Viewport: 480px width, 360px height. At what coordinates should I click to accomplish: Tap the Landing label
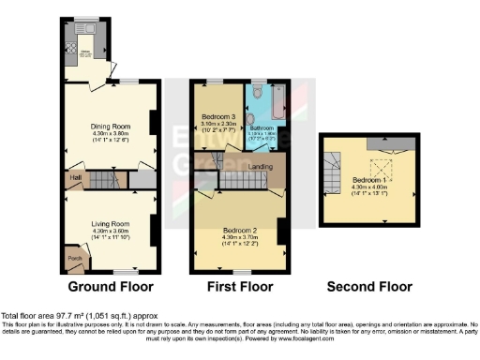pos(262,168)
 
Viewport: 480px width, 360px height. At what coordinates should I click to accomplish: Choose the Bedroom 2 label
pos(241,229)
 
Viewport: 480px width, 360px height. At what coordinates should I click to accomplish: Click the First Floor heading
pos(240,286)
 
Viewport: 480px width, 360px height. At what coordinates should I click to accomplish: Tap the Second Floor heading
pos(368,286)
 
